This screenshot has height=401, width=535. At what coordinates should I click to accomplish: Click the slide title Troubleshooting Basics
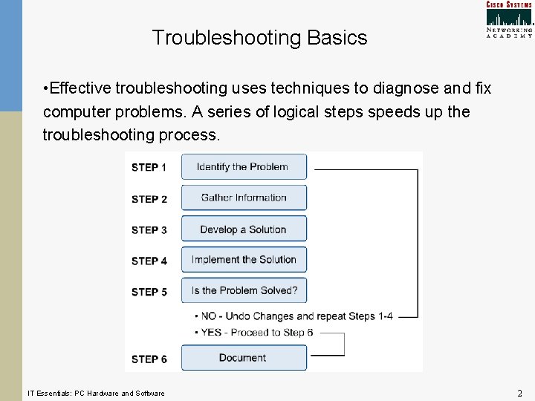click(x=259, y=38)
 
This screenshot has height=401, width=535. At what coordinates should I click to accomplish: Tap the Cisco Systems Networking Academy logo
click(x=509, y=19)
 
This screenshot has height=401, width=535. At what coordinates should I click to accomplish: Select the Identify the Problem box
click(x=244, y=167)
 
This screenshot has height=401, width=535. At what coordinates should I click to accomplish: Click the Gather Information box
click(x=244, y=198)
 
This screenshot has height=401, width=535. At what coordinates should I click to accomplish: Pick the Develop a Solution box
click(x=244, y=229)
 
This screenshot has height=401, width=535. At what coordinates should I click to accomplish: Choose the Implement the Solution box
click(x=244, y=260)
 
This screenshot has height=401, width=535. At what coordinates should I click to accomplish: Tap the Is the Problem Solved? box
click(x=244, y=290)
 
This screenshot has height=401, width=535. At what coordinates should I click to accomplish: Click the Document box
click(x=244, y=358)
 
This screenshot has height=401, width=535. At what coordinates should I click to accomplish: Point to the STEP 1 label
click(x=149, y=168)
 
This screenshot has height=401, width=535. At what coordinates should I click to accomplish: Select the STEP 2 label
click(x=149, y=199)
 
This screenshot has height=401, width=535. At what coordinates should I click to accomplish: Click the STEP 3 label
click(x=149, y=230)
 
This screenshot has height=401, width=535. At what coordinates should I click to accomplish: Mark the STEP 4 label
click(x=149, y=261)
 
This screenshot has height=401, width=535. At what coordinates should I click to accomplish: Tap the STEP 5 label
click(x=149, y=292)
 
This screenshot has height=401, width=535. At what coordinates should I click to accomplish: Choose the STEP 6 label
click(x=149, y=359)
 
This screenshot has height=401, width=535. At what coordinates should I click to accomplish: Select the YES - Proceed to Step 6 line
click(x=256, y=332)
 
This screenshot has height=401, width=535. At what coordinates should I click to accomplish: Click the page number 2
click(x=519, y=393)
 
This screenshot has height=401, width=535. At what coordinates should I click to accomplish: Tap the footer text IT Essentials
click(x=96, y=393)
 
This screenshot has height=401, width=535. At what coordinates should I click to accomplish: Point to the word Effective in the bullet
click(x=82, y=88)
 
